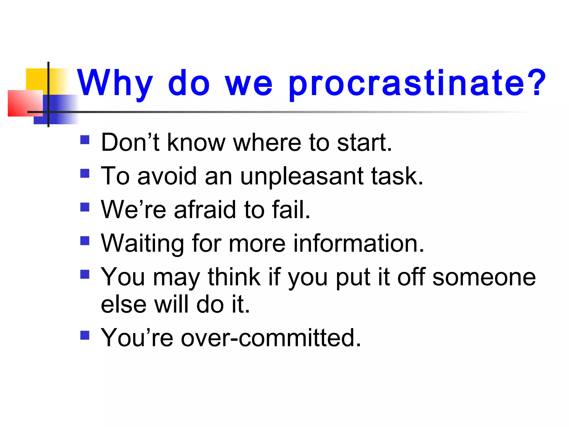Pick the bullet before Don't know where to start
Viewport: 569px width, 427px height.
pos(85,140)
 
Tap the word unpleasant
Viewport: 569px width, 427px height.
pos(302,177)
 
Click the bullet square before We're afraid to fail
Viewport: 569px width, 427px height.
pos(85,207)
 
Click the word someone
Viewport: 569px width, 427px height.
pos(484,277)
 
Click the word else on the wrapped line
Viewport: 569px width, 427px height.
pos(123,305)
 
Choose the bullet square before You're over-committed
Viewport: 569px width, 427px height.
pos(85,335)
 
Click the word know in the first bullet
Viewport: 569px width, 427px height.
pos(196,143)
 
